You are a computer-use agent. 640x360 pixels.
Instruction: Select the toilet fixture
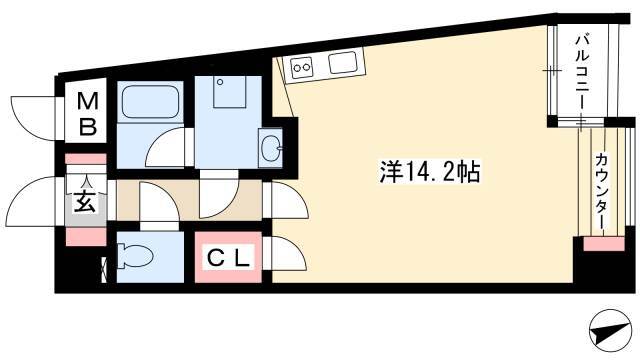[x=135, y=256]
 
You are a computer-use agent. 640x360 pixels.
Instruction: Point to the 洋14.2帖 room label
[x=429, y=172]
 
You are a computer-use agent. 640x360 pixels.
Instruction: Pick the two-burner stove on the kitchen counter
[x=302, y=67]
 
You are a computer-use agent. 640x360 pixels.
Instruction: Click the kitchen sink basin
[x=343, y=62]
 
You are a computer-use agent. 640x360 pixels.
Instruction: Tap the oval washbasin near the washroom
[x=270, y=148]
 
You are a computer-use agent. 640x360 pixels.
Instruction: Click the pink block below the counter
[x=604, y=244]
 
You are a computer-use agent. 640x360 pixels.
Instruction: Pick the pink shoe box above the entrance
[x=86, y=159]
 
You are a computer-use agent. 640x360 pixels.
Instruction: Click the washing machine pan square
[x=229, y=92]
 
